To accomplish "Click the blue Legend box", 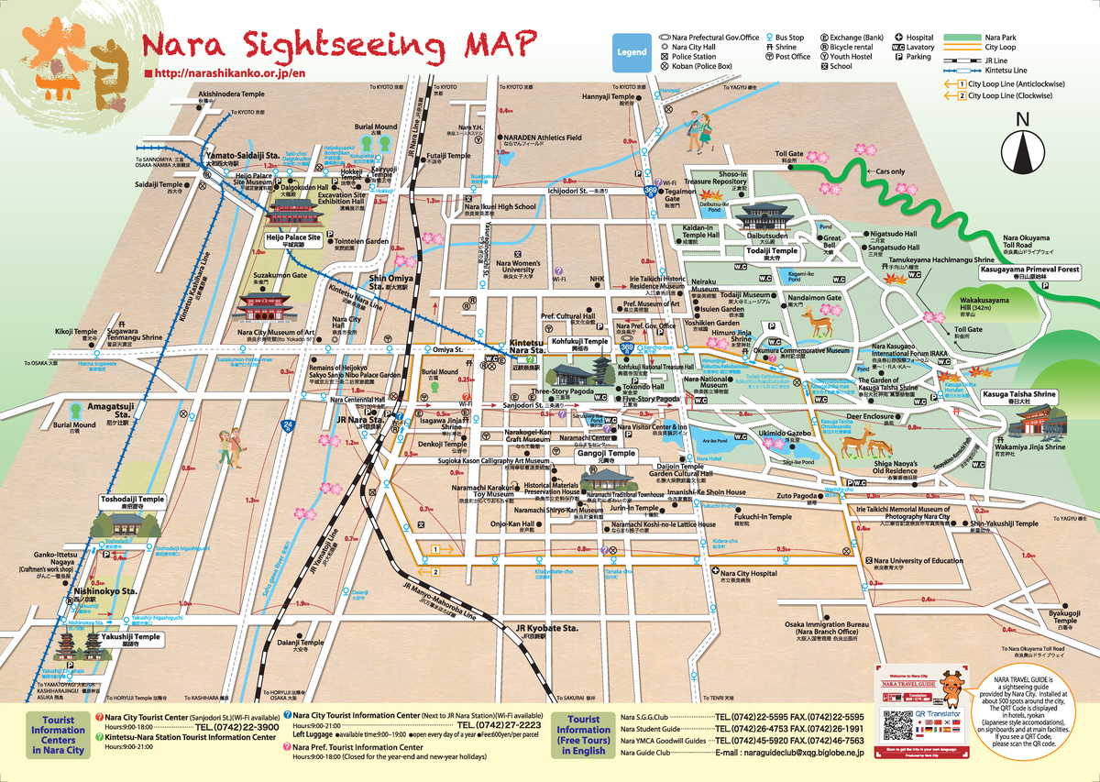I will pos(631,53).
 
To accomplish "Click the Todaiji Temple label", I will pos(771,250).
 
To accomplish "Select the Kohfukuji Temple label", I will pos(579,342).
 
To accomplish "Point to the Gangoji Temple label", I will pos(606,454).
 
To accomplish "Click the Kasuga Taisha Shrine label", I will pos(1019,394).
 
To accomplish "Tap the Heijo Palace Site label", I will pos(293,237).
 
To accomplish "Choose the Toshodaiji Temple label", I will pos(132,500).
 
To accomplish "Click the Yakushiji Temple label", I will pos(131,637).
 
